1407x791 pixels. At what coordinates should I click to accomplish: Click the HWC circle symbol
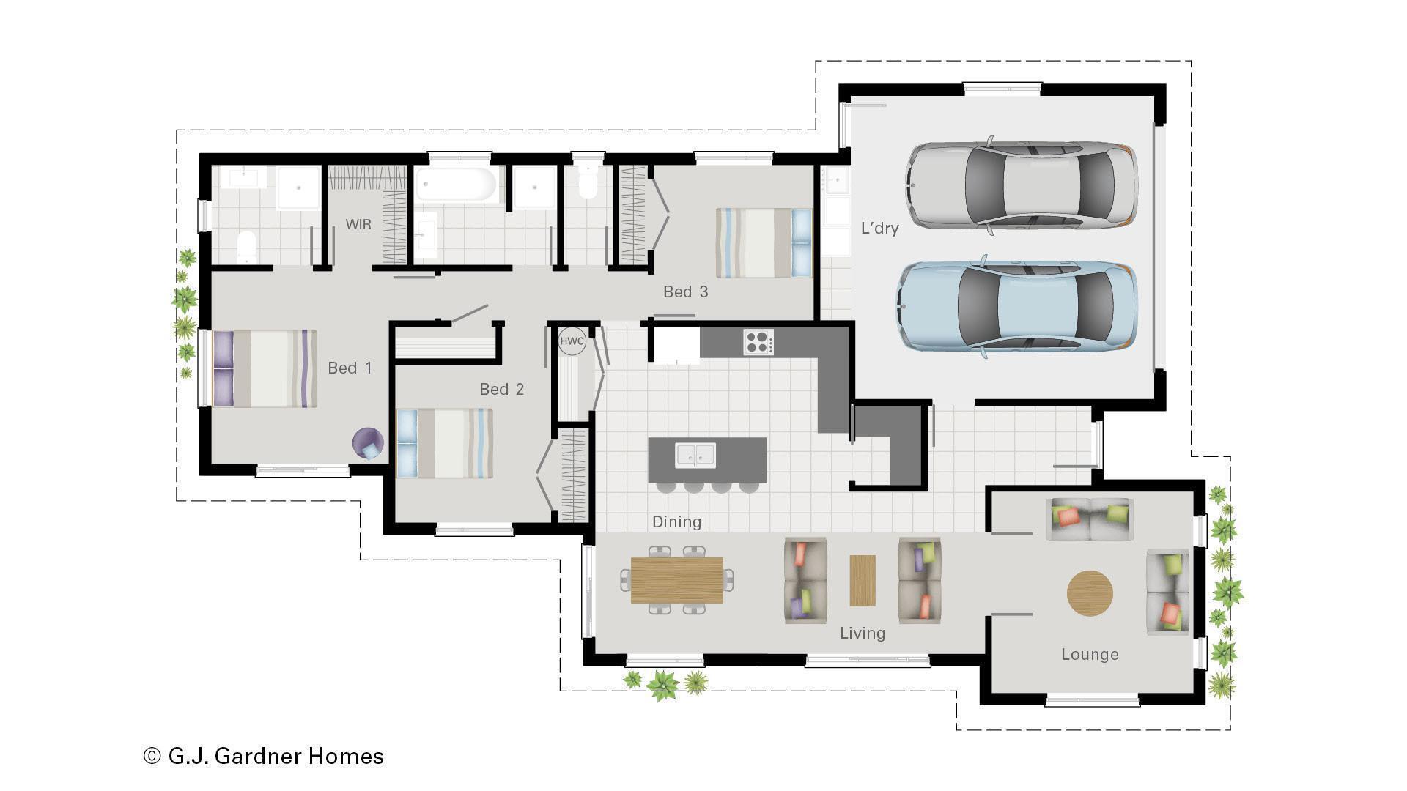[572, 342]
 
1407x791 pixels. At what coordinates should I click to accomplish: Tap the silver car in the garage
[1022, 185]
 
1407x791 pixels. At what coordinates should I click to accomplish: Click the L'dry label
[879, 229]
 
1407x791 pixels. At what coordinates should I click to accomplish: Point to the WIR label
[358, 225]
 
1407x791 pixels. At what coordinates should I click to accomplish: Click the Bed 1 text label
[350, 368]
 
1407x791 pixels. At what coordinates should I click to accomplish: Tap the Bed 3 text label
[685, 292]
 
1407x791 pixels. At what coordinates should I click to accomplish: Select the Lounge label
[1089, 655]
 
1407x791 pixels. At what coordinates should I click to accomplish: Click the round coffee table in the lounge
[1089, 593]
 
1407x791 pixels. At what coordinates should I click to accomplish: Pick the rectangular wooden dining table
[676, 580]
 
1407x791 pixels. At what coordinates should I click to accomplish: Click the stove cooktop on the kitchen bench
[758, 342]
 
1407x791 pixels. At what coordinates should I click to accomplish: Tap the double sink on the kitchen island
[695, 455]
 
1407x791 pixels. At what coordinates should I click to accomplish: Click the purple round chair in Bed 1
[367, 444]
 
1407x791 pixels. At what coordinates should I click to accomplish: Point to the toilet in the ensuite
[246, 245]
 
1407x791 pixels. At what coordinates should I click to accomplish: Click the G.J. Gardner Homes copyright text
[264, 756]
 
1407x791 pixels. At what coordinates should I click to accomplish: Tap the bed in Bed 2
[444, 444]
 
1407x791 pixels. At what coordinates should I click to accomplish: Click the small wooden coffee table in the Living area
[862, 580]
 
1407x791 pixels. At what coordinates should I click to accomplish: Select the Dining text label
[676, 522]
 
